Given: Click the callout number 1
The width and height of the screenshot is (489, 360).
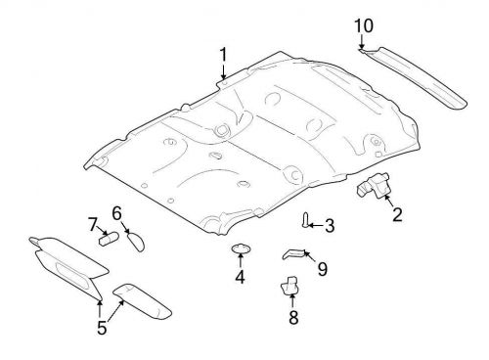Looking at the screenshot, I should pos(223,54).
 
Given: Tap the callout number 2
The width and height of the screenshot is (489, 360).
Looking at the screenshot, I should pos(396,214).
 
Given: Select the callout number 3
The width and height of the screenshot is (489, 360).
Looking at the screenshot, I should pos(329,226).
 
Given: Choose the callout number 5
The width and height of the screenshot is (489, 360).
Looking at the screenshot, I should pos(102,328).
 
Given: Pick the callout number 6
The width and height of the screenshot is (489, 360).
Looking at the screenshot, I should pos(116,212).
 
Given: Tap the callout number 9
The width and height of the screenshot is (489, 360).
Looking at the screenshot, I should pos(322,268).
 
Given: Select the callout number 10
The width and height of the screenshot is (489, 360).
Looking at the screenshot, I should pos(363,24).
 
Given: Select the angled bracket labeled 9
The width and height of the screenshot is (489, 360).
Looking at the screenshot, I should pos(295,254).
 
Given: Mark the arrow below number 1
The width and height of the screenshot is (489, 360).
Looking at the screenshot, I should pos(223,71).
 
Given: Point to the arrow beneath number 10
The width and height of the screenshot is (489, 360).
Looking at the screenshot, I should pos(361,42).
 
